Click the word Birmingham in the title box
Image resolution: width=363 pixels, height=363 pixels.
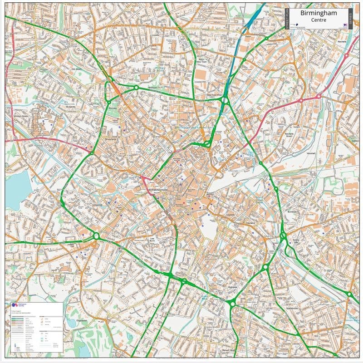[x=319, y=14]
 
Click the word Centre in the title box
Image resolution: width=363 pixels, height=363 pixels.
[x=319, y=21]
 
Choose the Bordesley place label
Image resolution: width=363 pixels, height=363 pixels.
[x=292, y=212]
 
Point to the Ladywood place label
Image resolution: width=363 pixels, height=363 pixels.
[x=98, y=205]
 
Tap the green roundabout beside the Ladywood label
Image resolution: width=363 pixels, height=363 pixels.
[x=96, y=235]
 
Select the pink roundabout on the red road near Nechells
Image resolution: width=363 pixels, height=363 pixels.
[x=319, y=96]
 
